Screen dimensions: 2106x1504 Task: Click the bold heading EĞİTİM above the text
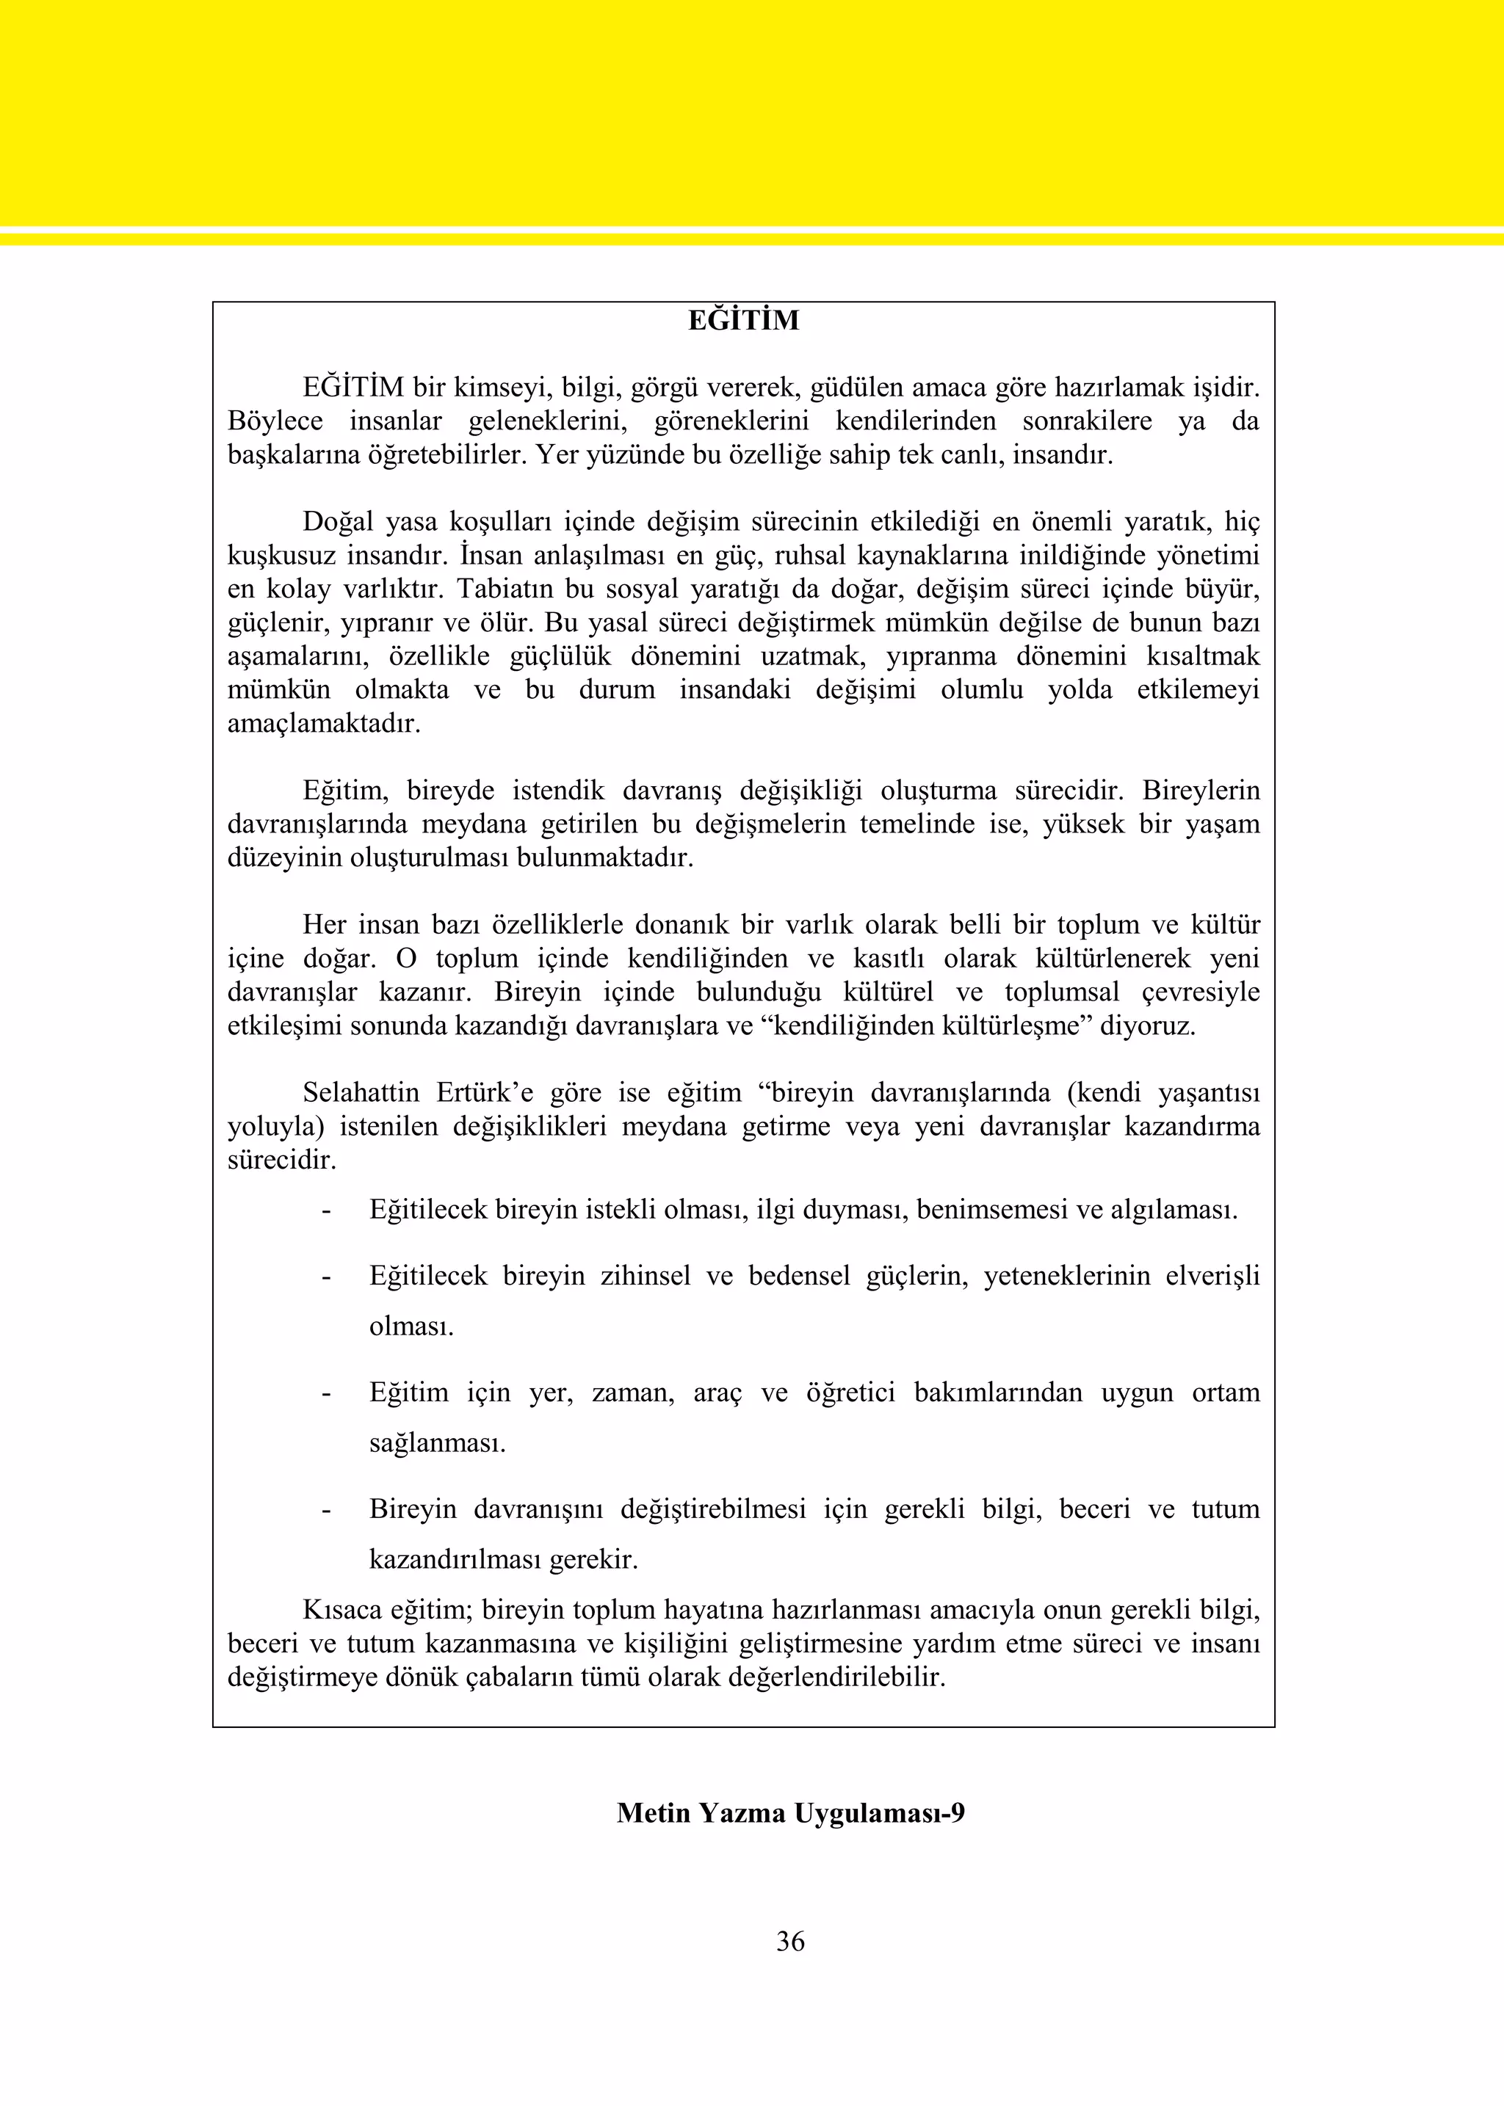point(744,322)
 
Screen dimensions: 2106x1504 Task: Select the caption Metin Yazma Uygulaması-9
point(790,1812)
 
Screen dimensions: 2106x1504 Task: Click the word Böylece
point(275,421)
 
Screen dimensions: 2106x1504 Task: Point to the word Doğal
point(338,522)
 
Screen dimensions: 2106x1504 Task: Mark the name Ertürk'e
point(485,1093)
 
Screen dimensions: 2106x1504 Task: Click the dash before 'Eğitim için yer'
point(326,1393)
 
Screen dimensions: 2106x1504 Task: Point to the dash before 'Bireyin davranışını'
point(326,1510)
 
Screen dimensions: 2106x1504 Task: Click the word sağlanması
point(437,1443)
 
